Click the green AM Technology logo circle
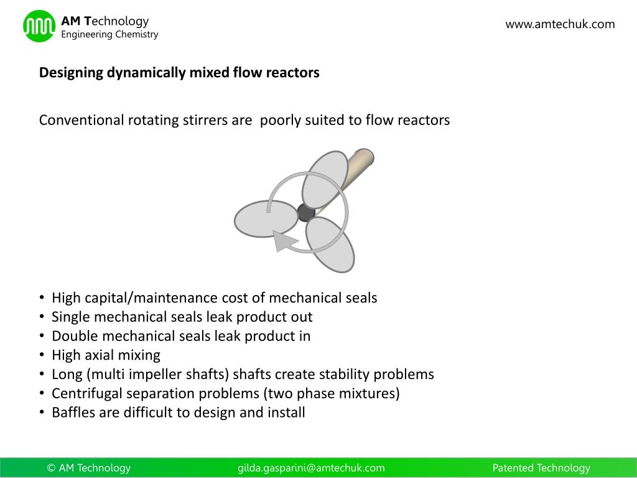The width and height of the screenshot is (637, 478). point(39,26)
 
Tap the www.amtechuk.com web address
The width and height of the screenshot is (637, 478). point(560,24)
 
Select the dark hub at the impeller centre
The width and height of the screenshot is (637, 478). point(305,213)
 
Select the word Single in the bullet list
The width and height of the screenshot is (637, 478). point(70,317)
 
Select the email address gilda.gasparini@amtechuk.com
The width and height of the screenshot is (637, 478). point(311,468)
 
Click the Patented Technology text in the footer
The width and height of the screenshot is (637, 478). point(541,468)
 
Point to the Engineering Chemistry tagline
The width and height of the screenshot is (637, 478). point(109,35)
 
